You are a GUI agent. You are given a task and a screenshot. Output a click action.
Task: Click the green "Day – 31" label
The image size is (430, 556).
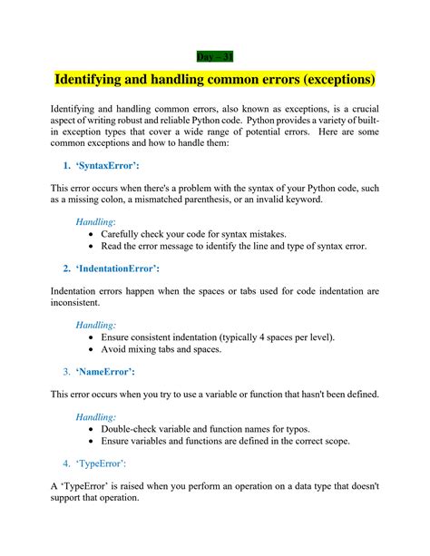(214, 55)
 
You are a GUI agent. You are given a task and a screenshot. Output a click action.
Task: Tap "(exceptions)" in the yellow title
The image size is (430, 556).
(328, 80)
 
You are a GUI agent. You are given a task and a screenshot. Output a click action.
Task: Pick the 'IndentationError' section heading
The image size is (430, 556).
(122, 268)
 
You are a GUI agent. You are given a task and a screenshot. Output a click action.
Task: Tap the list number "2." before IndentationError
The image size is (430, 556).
(68, 268)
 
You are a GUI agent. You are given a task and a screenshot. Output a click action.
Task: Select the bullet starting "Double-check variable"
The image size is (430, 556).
(213, 428)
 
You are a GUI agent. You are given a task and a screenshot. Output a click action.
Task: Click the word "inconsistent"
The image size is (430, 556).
(77, 304)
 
